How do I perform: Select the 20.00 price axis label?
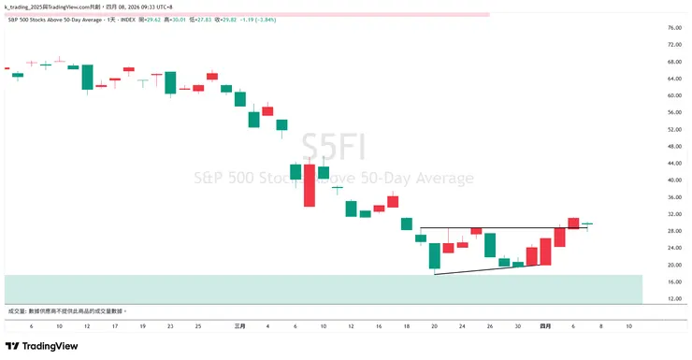673,266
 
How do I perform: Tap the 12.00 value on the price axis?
673,299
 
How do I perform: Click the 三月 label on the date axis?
239,325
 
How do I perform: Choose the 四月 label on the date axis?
545,325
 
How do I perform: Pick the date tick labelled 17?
114,325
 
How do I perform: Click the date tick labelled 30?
517,325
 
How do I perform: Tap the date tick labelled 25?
198,325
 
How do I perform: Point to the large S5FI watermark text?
333,150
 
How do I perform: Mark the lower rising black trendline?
486,269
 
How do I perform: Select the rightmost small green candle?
586,223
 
